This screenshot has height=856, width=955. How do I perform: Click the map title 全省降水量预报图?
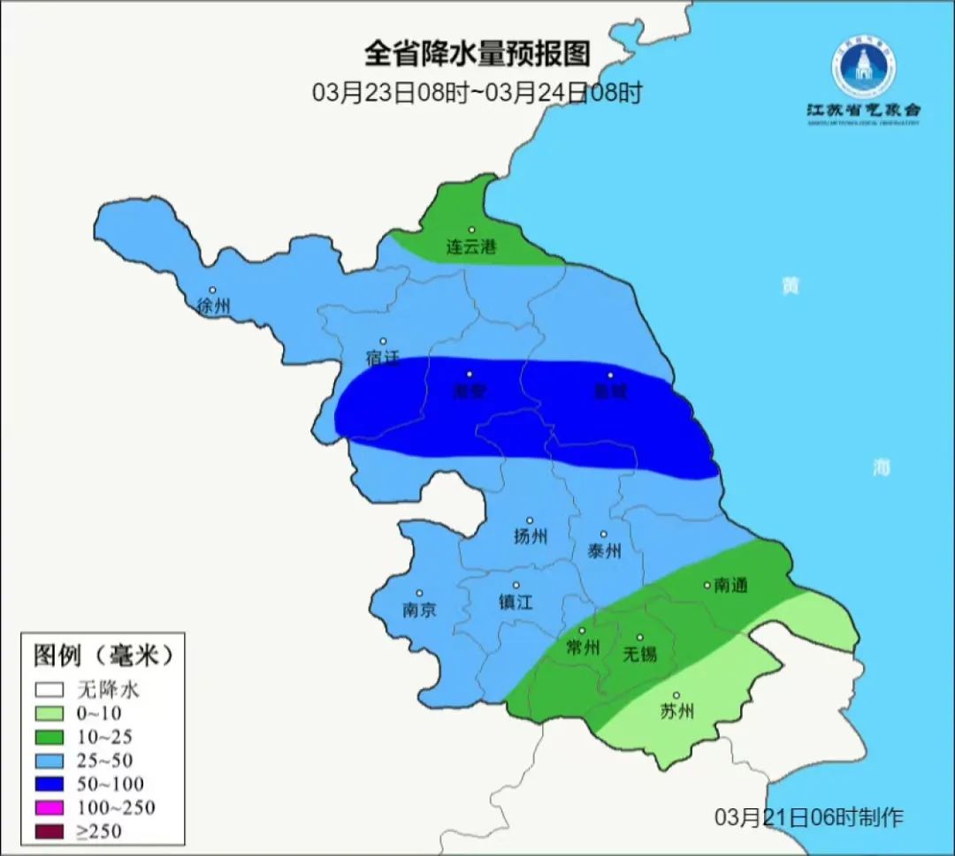pos(477,54)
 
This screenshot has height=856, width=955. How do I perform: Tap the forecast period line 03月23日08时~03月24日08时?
pos(477,93)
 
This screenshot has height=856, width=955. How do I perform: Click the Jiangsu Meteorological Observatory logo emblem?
pos(862,68)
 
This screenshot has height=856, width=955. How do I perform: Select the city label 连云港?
pos(470,247)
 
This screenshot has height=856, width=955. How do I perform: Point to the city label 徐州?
pos(213,307)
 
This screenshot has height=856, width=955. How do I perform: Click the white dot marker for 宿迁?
pos(383,341)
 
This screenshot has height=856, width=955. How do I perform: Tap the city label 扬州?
pos(530,537)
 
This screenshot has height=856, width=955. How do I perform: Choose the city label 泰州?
pos(604,551)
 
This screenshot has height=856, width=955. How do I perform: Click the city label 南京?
pos(418,610)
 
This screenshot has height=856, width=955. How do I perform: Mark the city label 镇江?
pos(516,602)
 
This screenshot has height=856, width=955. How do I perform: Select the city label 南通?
pos(730,585)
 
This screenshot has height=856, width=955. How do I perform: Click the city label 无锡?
pos(639,655)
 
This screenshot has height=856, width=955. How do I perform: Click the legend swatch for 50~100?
pos(50,784)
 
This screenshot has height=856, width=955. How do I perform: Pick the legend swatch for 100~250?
pos(50,807)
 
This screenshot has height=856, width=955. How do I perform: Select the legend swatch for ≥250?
pos(50,830)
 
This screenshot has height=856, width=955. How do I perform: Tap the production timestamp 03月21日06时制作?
pos(809,817)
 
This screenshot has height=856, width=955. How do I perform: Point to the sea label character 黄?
pos(790,287)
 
